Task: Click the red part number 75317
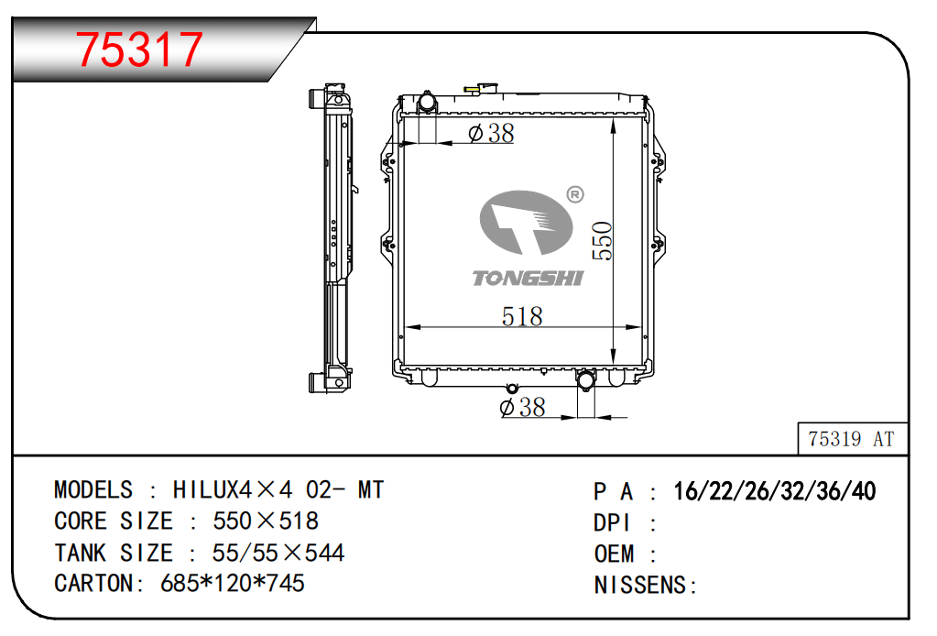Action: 138,49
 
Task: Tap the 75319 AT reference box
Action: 853,439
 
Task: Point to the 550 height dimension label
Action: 602,241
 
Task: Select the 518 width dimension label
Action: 522,316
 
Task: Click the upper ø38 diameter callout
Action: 491,133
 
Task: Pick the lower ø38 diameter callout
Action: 522,407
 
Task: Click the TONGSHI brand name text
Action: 528,278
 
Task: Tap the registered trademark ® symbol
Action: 575,194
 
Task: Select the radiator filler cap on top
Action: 482,89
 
